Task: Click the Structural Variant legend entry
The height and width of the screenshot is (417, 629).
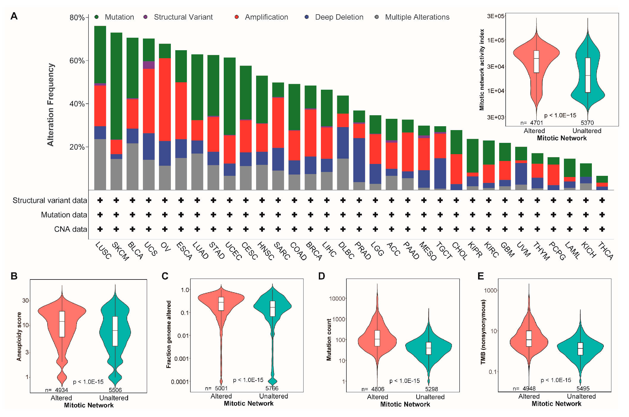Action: click(x=183, y=17)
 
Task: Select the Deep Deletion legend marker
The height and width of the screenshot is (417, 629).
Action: click(x=307, y=17)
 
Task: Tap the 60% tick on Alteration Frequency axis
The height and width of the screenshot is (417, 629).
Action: click(x=77, y=61)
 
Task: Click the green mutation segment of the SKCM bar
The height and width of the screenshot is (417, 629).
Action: click(x=116, y=86)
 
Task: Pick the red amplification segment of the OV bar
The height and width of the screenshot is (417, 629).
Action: click(x=165, y=99)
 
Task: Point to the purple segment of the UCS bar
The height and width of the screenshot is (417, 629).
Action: click(x=149, y=65)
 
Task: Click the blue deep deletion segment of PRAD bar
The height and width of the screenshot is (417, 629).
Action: click(x=359, y=160)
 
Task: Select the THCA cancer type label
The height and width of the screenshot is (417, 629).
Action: click(x=605, y=251)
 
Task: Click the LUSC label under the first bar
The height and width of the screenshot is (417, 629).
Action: click(x=103, y=250)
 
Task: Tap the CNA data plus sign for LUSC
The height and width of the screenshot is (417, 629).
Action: click(x=100, y=229)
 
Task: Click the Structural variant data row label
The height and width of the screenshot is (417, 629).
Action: click(x=50, y=200)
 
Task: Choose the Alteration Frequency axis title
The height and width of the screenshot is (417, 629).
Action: click(x=51, y=105)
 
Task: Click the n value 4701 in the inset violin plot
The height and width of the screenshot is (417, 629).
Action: click(x=536, y=123)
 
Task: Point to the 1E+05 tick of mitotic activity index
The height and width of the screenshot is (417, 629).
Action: click(x=496, y=40)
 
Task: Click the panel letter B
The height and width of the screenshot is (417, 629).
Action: click(x=14, y=276)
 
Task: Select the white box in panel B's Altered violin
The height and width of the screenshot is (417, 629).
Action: click(x=62, y=324)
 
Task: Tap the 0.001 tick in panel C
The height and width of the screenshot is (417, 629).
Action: click(x=181, y=358)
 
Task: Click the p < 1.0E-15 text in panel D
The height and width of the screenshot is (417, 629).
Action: click(x=404, y=381)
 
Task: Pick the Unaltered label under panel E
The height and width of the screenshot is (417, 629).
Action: click(x=581, y=396)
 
